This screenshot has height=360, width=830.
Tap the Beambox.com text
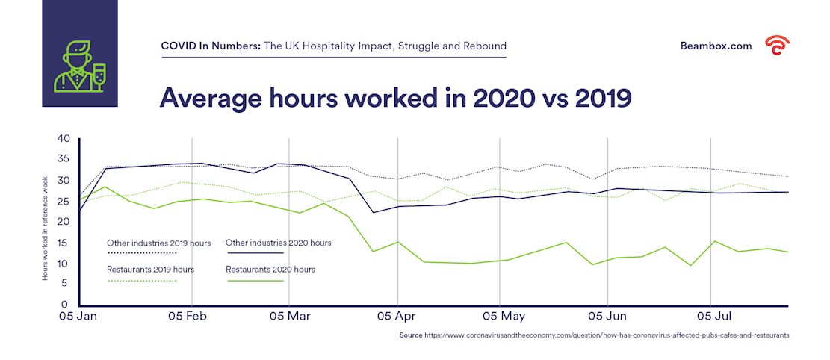(x=716, y=46)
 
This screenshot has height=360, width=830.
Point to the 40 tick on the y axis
(x=63, y=139)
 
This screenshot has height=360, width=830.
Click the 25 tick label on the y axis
(x=63, y=202)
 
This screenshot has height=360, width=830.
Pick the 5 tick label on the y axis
(x=64, y=285)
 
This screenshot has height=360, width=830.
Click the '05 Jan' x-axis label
(x=78, y=317)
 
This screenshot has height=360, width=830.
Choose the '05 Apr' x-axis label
(x=396, y=317)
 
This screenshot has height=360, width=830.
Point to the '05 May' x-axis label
(x=503, y=317)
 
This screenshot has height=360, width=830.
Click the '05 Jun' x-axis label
(x=607, y=317)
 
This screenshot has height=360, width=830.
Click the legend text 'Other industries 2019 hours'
(x=158, y=243)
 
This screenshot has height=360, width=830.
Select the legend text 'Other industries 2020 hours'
(x=278, y=243)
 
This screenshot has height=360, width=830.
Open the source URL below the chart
(x=607, y=336)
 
